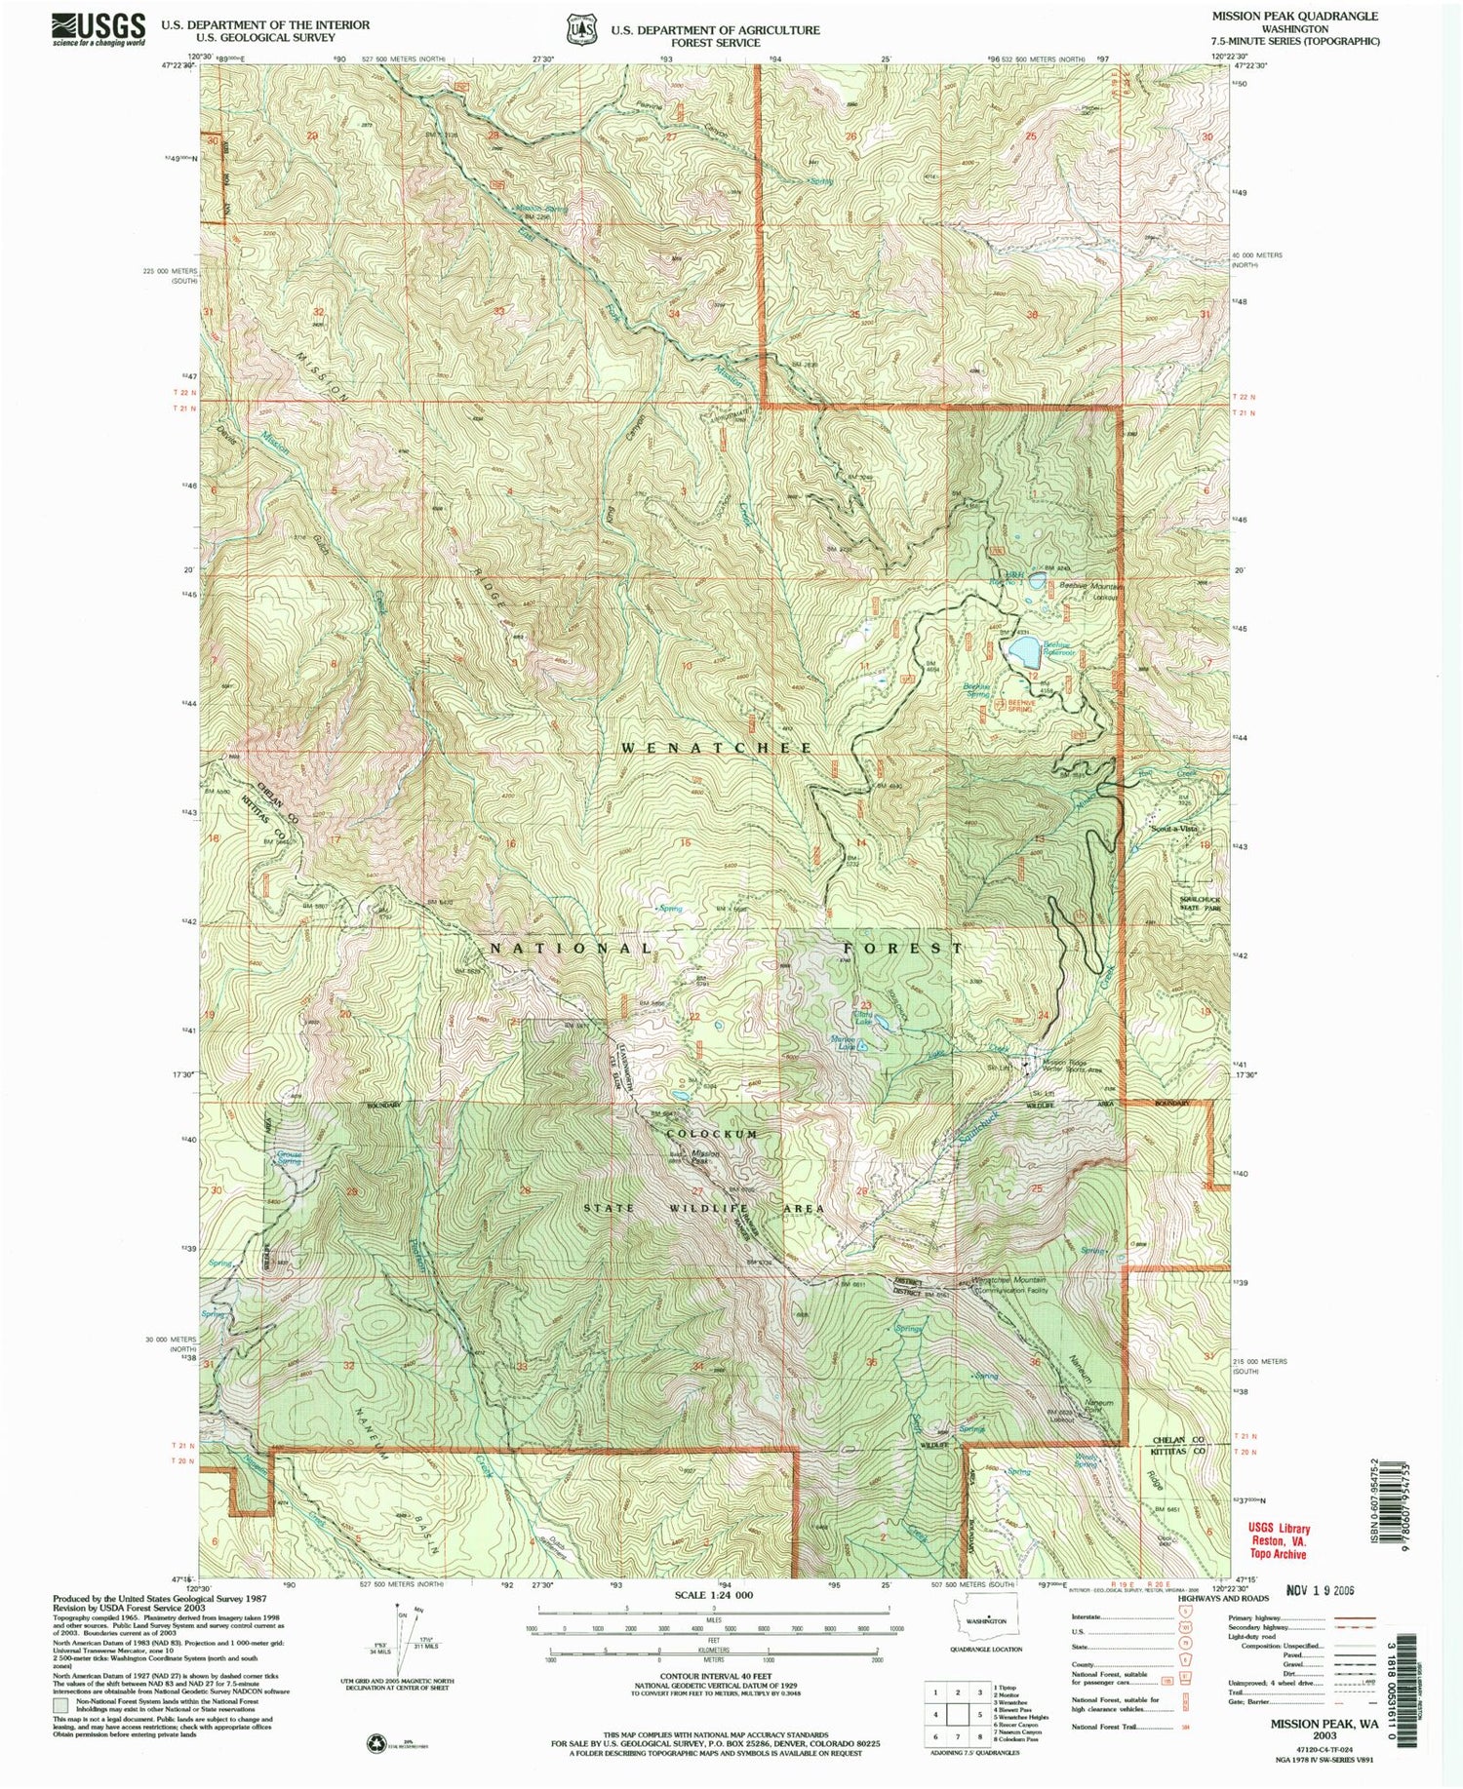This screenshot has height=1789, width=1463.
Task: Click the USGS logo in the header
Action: [99, 28]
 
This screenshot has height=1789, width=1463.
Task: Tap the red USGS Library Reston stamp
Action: [1279, 1541]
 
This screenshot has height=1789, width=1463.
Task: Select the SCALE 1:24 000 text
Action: [713, 1595]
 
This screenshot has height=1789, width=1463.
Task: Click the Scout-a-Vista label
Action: [1173, 829]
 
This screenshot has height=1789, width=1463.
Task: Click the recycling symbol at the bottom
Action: [375, 1741]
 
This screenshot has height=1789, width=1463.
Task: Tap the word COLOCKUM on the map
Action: [711, 1135]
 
